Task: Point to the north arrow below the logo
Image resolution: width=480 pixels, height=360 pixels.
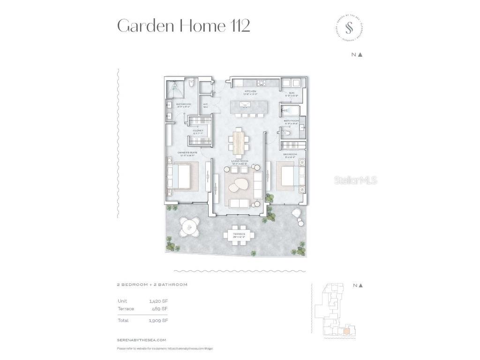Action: pos(360,55)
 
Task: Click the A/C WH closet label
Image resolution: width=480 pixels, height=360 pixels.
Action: pos(205,105)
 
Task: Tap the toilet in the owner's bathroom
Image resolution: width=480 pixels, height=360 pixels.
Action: pos(191,85)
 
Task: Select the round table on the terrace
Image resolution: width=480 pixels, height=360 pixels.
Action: pos(189,228)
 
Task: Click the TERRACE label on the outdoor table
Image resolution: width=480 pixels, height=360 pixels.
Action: pos(239,234)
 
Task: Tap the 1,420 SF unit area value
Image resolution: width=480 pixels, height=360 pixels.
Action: pos(158,300)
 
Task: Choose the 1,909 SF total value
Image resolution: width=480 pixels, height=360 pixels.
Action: pos(158,321)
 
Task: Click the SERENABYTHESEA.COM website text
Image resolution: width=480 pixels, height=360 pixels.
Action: pos(142,340)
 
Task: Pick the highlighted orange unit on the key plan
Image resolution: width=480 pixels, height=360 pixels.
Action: pos(346,331)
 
